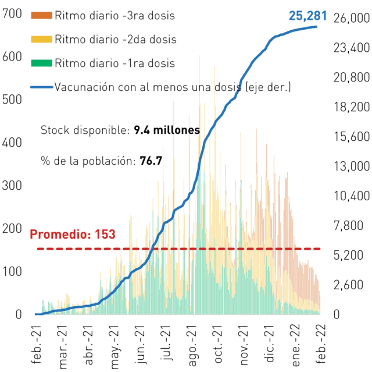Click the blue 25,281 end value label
point(307,16)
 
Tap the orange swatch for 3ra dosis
point(41,16)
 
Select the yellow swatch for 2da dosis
point(41,39)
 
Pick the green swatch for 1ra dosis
point(41,63)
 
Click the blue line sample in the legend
point(41,87)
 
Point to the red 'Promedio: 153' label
point(73,234)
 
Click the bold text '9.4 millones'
point(167,130)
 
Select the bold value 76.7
point(151,161)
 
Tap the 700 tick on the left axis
point(12,13)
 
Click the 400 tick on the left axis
point(12,143)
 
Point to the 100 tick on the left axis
point(12,271)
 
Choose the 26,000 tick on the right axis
point(352,18)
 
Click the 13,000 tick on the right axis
point(352,166)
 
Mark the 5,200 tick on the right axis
point(348,255)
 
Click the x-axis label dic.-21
point(270,344)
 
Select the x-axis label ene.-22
point(296,345)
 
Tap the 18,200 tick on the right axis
point(352,107)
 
